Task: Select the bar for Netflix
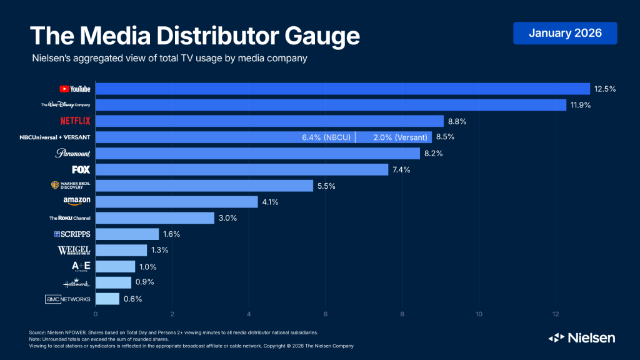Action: (x=269, y=121)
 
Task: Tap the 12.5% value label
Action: (x=605, y=89)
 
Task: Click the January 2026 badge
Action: (x=565, y=33)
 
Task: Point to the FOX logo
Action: (x=81, y=169)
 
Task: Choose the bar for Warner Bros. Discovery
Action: (x=204, y=186)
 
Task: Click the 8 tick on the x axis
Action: (x=402, y=314)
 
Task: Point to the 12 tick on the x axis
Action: (x=555, y=314)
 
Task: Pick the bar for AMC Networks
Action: (x=107, y=299)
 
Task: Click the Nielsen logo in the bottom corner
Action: (x=581, y=337)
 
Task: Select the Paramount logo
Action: (x=73, y=153)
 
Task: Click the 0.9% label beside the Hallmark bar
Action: (x=144, y=282)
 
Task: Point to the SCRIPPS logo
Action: (x=72, y=234)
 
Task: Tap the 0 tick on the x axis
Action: (x=96, y=314)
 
